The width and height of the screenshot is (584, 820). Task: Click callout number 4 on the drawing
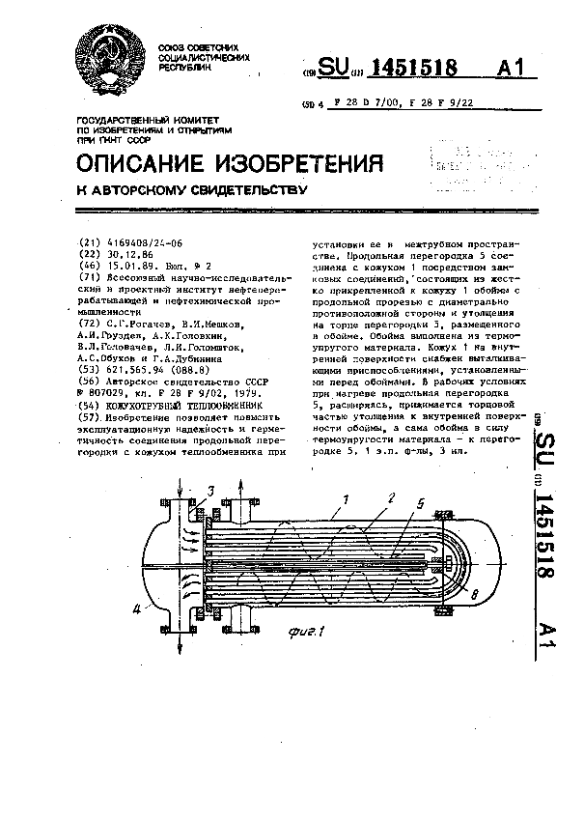tap(137, 608)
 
